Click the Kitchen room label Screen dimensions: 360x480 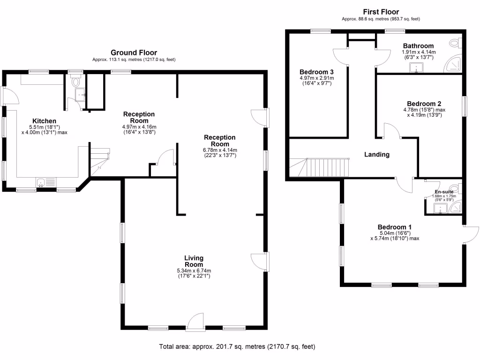pyautogui.click(x=44, y=120)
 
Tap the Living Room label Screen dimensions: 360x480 pyautogui.click(x=194, y=261)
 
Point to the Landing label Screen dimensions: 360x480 pyautogui.click(x=377, y=154)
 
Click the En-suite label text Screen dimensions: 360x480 pyautogui.click(x=444, y=192)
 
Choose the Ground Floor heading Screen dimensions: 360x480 pyautogui.click(x=134, y=52)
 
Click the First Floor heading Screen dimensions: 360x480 pyautogui.click(x=381, y=12)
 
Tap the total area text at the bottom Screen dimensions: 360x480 pyautogui.click(x=237, y=347)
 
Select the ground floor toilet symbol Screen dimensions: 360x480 pyautogui.click(x=75, y=82)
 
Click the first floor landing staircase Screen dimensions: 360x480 pyautogui.click(x=323, y=167)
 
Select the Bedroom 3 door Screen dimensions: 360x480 pyautogui.click(x=341, y=56)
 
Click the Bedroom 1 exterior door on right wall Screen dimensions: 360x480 pyautogui.click(x=470, y=233)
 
